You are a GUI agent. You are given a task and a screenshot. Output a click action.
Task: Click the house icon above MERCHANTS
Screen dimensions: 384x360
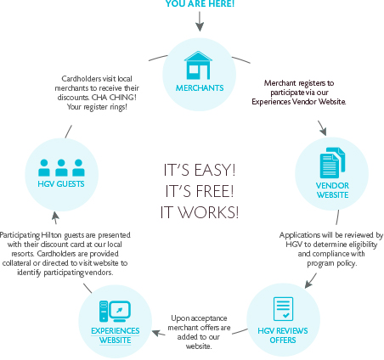(x=198, y=65)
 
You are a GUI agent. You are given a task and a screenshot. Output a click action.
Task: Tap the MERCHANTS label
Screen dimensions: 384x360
(x=200, y=88)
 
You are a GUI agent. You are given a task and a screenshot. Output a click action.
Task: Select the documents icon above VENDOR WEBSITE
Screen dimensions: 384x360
(x=332, y=163)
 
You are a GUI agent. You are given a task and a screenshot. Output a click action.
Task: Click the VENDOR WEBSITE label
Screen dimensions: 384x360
(x=332, y=190)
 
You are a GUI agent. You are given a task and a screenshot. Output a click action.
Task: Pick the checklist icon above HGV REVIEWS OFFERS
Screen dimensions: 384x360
(x=283, y=309)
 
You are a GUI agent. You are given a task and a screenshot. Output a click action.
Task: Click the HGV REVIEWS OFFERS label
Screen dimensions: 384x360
(x=283, y=335)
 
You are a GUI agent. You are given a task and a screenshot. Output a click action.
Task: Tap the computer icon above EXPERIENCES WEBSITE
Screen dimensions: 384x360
(x=115, y=312)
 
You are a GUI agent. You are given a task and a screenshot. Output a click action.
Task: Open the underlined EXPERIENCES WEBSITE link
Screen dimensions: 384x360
(x=116, y=335)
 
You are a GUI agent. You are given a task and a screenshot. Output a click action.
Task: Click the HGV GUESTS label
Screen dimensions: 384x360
(x=61, y=184)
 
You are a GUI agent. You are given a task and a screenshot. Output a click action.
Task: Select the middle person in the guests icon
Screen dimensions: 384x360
(x=61, y=167)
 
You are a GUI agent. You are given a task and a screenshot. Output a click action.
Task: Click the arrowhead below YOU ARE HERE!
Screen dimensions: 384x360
(x=200, y=27)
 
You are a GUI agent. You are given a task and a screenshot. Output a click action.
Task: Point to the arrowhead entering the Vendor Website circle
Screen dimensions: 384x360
(x=323, y=132)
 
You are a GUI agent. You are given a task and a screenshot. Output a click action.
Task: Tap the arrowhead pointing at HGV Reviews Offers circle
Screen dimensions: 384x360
(x=308, y=284)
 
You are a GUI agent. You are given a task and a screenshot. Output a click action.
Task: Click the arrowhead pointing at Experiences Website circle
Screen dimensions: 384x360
(x=156, y=333)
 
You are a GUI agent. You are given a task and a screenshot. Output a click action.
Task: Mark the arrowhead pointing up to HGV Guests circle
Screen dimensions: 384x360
(x=55, y=216)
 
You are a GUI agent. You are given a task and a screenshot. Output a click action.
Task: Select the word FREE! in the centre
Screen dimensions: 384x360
(x=215, y=191)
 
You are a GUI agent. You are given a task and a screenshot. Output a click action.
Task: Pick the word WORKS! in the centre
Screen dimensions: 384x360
(x=209, y=212)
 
